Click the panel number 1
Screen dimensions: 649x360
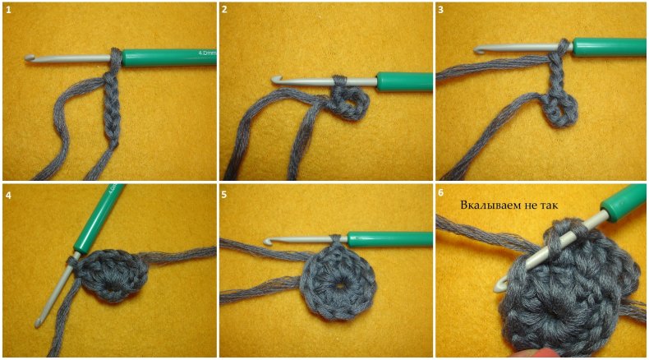coord(9,10)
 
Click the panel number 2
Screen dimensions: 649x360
coord(224,10)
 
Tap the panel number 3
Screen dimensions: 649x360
coord(441,10)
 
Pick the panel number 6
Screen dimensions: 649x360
coord(441,193)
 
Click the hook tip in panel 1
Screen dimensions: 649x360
coord(29,58)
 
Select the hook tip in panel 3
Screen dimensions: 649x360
coord(479,49)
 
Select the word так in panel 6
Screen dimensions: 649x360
coord(549,205)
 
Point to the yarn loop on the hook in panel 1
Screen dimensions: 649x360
coord(117,58)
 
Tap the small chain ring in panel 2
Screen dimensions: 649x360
coord(350,104)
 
